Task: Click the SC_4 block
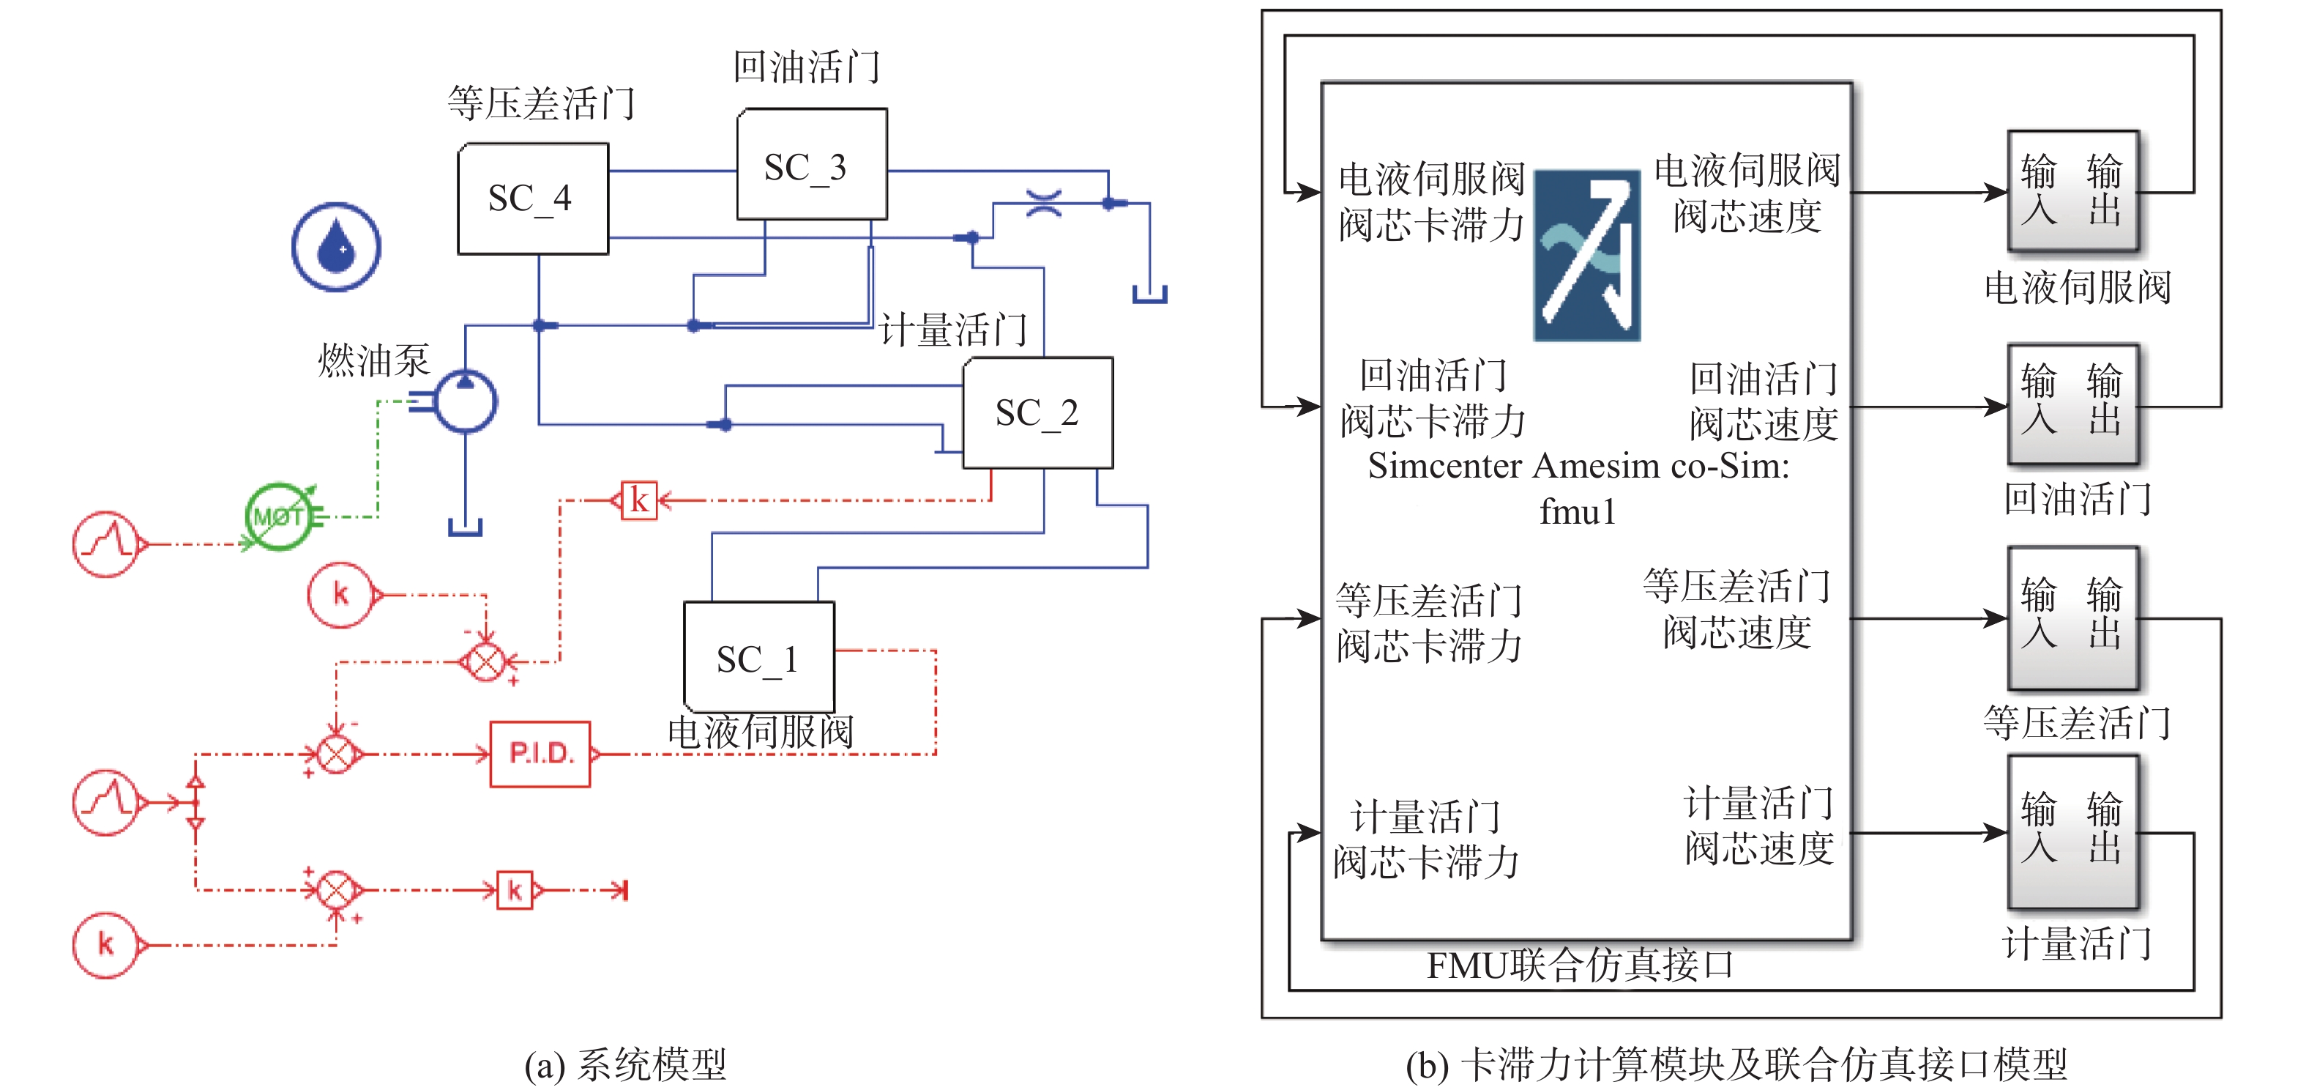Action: click(x=533, y=199)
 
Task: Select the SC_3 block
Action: click(x=811, y=165)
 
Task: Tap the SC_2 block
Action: click(x=1037, y=413)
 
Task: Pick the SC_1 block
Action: click(x=758, y=657)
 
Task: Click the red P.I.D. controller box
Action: click(x=540, y=754)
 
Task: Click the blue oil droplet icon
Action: click(x=336, y=246)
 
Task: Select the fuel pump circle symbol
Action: click(x=466, y=401)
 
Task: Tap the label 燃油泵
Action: click(x=374, y=360)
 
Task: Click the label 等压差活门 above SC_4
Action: click(x=541, y=103)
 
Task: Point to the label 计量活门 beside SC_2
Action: click(x=952, y=330)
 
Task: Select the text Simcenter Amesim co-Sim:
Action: click(x=1578, y=466)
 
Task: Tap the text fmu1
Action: click(x=1578, y=512)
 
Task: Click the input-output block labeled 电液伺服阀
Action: click(x=2072, y=190)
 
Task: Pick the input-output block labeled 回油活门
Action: click(x=2072, y=405)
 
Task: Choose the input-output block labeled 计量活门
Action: click(x=2072, y=832)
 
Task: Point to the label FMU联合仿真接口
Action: click(x=1579, y=965)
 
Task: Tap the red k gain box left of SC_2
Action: click(x=639, y=500)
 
